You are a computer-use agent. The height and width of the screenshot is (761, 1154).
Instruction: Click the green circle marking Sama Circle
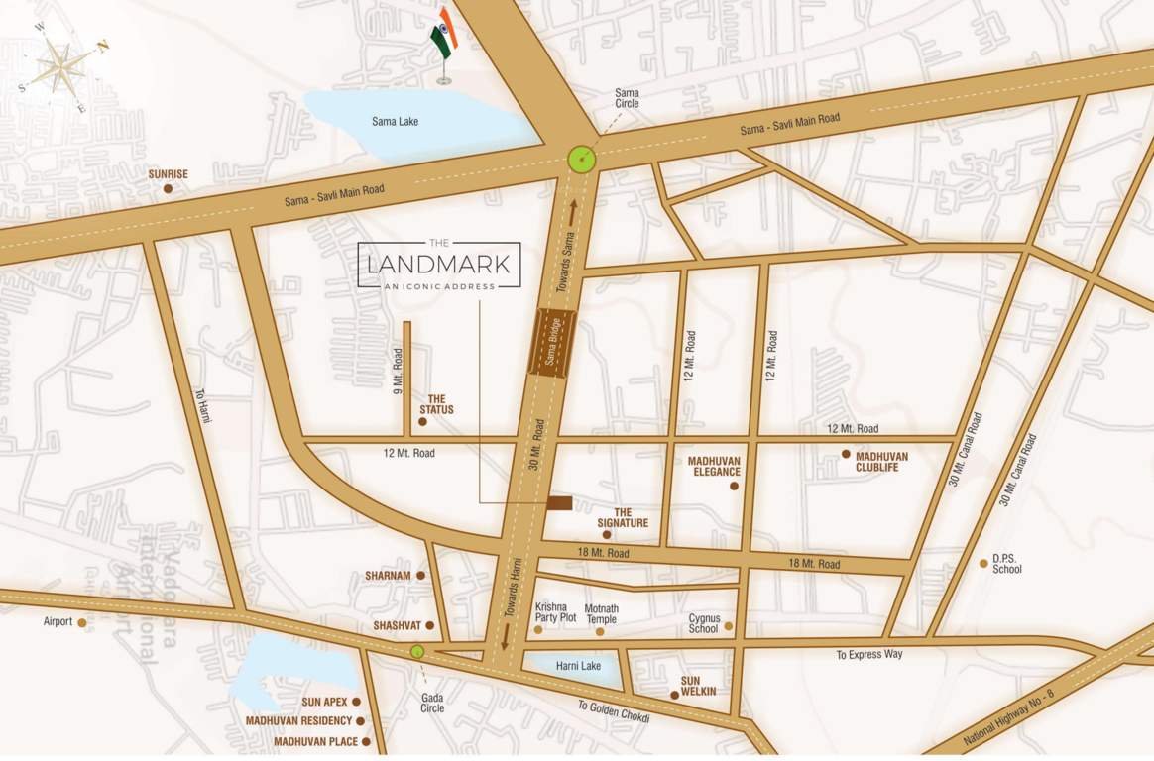coord(582,159)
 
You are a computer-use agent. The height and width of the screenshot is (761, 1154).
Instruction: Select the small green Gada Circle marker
coord(417,651)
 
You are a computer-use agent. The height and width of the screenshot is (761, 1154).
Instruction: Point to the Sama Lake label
coord(395,122)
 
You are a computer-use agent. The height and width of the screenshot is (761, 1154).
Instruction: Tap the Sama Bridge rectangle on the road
coord(553,343)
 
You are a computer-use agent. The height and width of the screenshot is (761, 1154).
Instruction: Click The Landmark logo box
coord(439,265)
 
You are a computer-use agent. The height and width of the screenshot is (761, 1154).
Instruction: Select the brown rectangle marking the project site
coord(559,503)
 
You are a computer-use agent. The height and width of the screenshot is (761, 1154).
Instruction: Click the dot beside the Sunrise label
coord(168,188)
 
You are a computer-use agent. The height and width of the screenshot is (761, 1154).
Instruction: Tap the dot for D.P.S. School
coord(983,563)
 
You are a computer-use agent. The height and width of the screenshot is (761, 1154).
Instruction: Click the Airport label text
coord(58,622)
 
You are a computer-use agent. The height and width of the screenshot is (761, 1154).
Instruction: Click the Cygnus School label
coord(703,623)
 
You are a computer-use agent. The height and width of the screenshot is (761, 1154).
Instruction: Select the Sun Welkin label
coord(698,687)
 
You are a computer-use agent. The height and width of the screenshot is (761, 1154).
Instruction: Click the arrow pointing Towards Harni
coord(505,635)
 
